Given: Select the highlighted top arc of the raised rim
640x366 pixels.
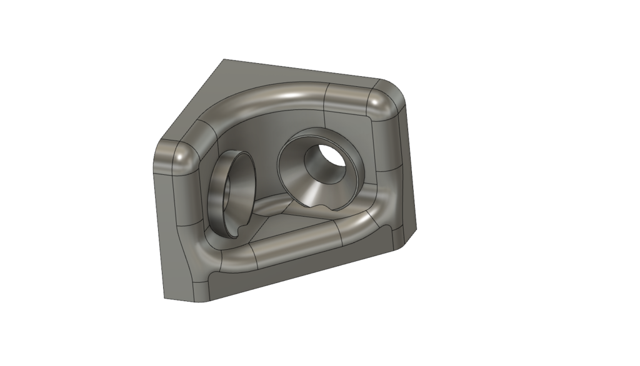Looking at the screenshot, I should click(275, 94).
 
